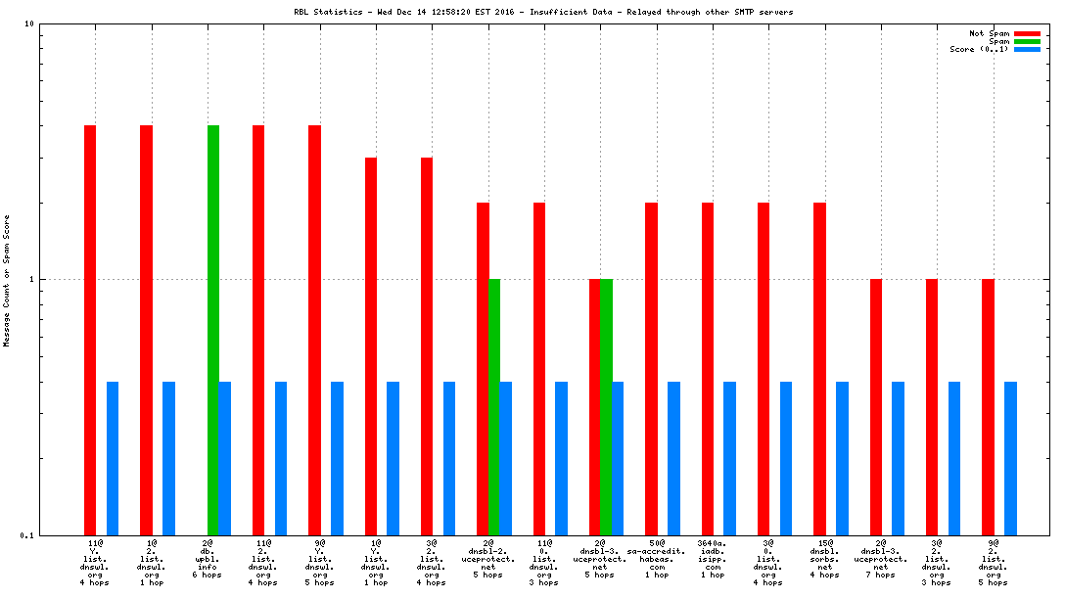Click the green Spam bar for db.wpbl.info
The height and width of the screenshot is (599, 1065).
(213, 330)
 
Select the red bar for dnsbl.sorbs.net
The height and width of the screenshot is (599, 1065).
(819, 368)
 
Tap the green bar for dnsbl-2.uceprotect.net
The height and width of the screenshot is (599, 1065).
(494, 406)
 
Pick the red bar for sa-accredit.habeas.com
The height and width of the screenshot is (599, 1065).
(651, 368)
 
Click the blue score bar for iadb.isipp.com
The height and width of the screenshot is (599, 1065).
(729, 458)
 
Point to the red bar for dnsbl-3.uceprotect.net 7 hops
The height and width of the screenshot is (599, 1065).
(876, 406)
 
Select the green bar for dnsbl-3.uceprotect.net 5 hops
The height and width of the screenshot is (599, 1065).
(607, 406)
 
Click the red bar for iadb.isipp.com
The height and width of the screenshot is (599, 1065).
(708, 368)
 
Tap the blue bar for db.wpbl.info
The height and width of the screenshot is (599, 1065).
(225, 458)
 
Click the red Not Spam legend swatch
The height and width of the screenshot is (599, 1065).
(1027, 33)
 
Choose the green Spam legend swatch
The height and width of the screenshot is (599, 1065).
(1027, 41)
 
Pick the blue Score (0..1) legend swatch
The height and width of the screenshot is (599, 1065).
(1027, 49)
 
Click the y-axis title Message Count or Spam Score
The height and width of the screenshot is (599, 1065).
(6, 281)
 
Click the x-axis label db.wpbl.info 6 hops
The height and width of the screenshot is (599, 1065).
(207, 558)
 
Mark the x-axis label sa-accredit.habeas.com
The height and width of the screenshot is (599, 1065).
(657, 558)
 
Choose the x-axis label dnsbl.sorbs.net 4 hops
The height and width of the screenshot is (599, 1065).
(824, 558)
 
